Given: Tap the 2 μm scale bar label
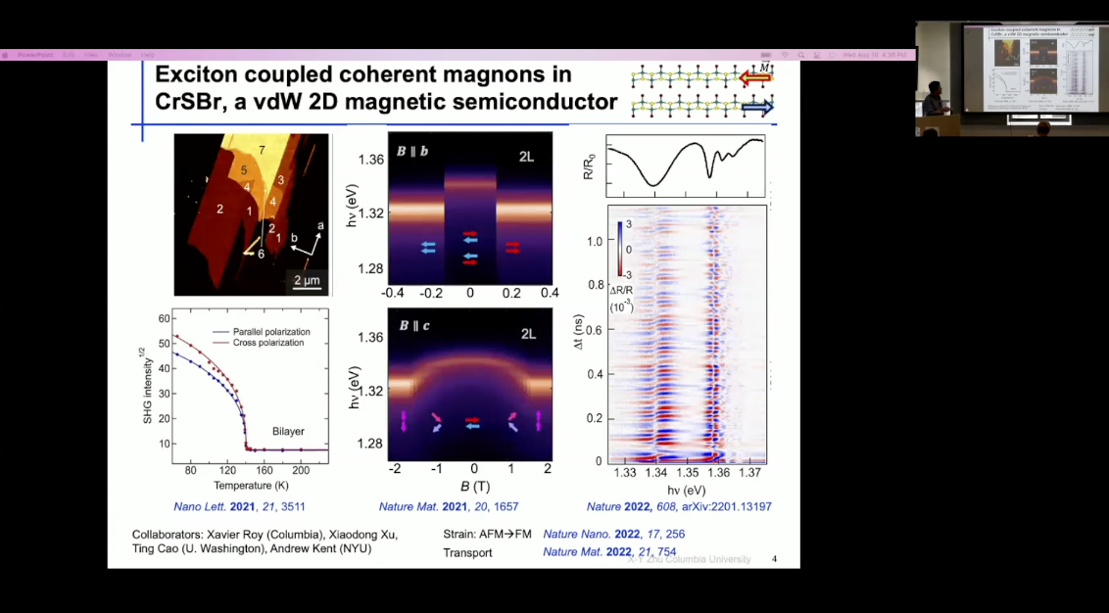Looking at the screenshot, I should [307, 281].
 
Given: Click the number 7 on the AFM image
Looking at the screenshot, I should [262, 149].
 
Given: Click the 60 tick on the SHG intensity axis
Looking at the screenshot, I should [163, 318].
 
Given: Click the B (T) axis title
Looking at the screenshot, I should [474, 486].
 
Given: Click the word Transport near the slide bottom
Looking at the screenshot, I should [467, 552].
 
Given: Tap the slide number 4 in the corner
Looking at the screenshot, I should [774, 559].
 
